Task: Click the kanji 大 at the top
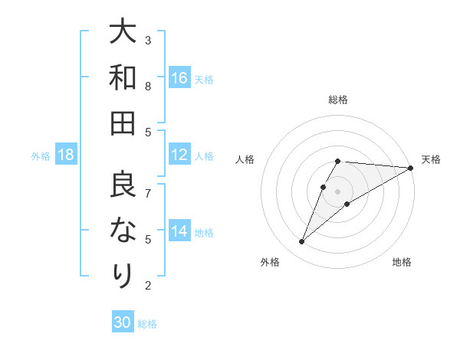[123, 32]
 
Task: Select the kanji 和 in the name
[123, 77]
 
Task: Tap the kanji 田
[123, 123]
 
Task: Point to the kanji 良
[123, 185]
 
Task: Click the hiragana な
[123, 230]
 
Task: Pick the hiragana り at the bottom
[123, 275]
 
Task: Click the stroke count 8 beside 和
[148, 87]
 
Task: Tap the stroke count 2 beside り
[148, 286]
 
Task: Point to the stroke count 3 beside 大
[148, 40]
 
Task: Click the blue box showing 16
[179, 78]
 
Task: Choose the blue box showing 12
[179, 155]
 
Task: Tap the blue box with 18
[66, 155]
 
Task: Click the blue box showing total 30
[123, 322]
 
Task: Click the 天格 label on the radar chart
[431, 159]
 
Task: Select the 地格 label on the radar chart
[402, 262]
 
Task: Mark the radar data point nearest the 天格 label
[410, 168]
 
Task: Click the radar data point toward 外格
[301, 242]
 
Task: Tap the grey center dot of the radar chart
[337, 191]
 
